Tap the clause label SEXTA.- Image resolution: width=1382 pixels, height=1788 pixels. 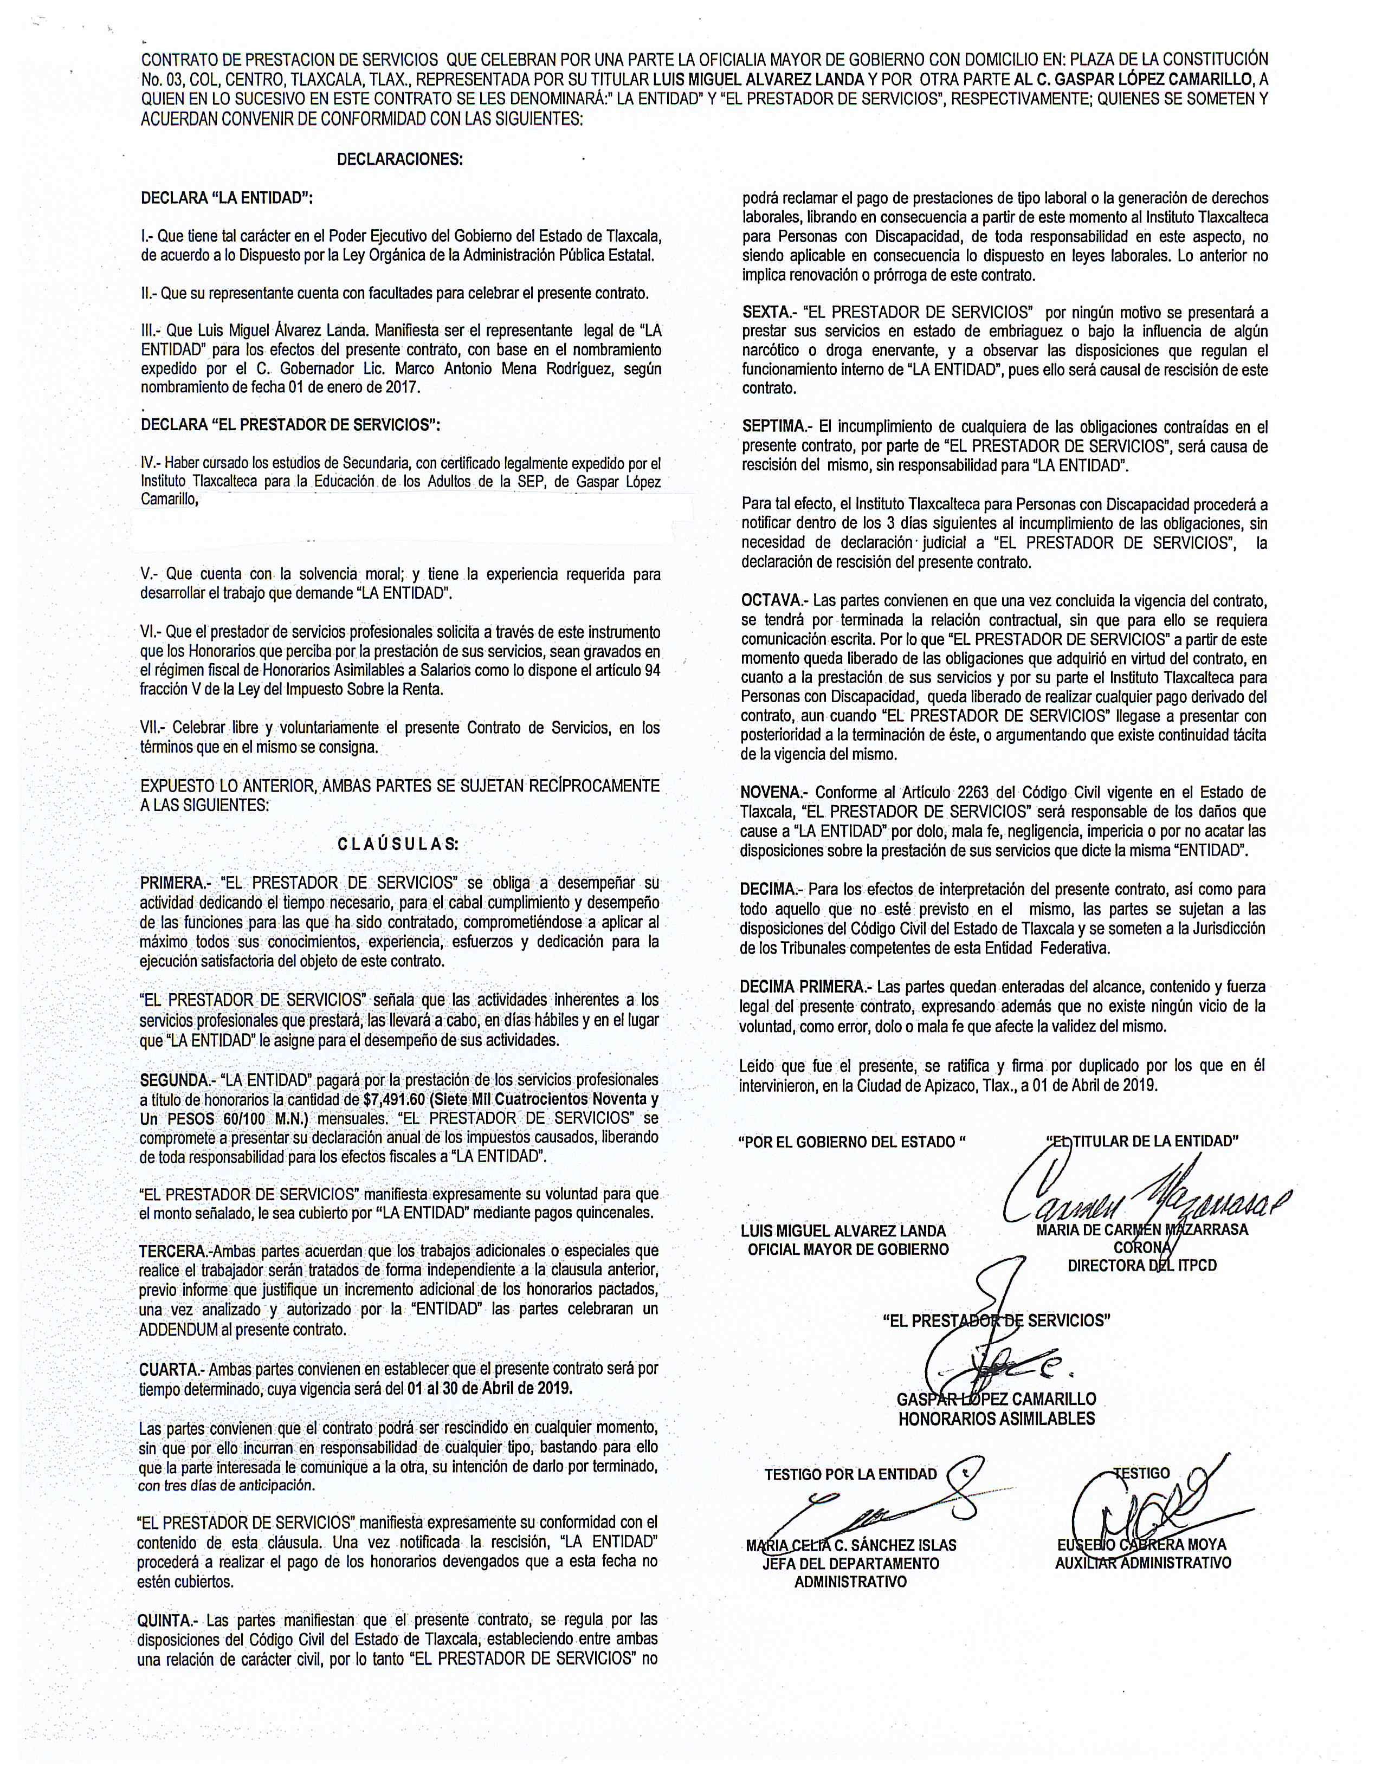[x=770, y=312]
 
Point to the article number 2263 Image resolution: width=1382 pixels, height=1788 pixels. [x=970, y=793]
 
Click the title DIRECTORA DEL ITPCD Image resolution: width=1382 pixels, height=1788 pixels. [x=1141, y=1266]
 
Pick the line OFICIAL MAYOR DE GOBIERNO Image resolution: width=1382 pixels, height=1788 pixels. [x=848, y=1249]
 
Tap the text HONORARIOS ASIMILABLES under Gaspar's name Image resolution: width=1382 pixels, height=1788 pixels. [x=996, y=1419]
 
